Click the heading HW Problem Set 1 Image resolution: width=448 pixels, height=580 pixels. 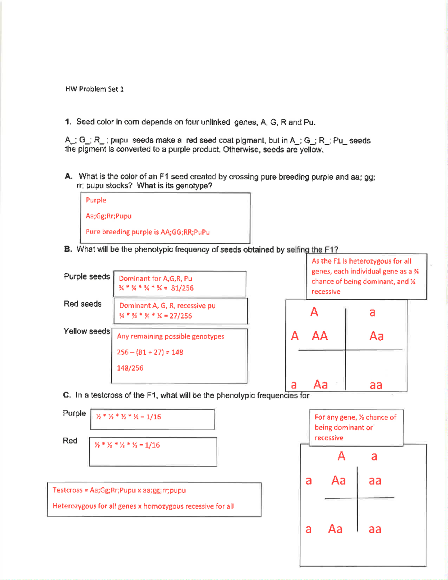(94, 89)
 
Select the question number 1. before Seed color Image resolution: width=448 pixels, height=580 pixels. (68, 122)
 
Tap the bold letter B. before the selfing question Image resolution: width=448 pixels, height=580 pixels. (68, 249)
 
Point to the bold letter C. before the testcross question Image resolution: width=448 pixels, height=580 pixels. (67, 395)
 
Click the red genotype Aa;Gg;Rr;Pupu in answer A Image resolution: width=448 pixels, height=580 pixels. (109, 216)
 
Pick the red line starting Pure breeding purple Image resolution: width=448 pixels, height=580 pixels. (147, 232)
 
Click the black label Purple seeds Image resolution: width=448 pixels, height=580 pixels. (87, 277)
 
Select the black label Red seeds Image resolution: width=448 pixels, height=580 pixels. (83, 304)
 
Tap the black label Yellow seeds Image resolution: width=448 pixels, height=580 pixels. (87, 331)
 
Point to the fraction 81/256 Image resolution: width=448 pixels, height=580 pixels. (182, 288)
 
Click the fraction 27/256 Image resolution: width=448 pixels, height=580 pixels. (181, 316)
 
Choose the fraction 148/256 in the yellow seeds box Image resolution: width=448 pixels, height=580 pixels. (130, 368)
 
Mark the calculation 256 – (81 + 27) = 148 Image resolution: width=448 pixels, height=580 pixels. (150, 352)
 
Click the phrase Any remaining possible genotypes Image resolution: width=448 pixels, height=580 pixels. (170, 336)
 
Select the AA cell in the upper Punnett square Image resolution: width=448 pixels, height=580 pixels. (320, 336)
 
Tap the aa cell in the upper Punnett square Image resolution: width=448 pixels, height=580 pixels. (376, 385)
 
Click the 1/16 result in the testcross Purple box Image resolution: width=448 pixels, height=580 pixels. (153, 417)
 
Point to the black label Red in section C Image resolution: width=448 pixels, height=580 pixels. (70, 441)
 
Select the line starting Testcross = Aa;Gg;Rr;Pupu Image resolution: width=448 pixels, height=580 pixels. (119, 490)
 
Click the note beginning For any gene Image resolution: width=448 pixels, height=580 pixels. (355, 427)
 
